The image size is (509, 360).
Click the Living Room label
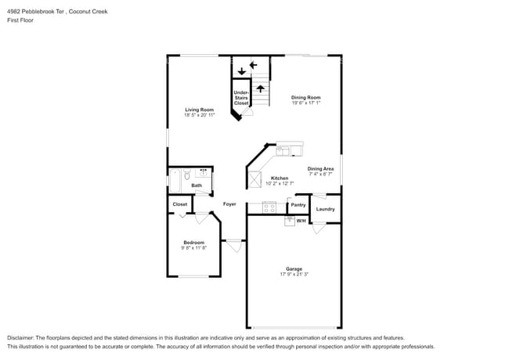coord(199,109)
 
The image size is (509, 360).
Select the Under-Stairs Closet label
coord(241,98)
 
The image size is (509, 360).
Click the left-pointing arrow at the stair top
coord(253,64)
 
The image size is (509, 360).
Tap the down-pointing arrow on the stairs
coord(241,71)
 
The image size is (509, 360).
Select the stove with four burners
coord(269,207)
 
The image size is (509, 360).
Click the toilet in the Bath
coord(186,177)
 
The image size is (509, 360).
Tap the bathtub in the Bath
coord(175,178)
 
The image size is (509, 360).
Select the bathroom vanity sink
coord(204,171)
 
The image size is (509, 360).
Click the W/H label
coord(301,221)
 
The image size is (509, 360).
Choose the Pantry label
coord(298,205)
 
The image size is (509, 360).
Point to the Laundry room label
coord(325,209)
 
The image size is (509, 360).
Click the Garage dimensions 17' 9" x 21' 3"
coord(294,274)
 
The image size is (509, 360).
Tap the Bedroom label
coord(193,243)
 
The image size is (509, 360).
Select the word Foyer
coord(229,203)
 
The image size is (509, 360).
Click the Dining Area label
coord(320,168)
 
